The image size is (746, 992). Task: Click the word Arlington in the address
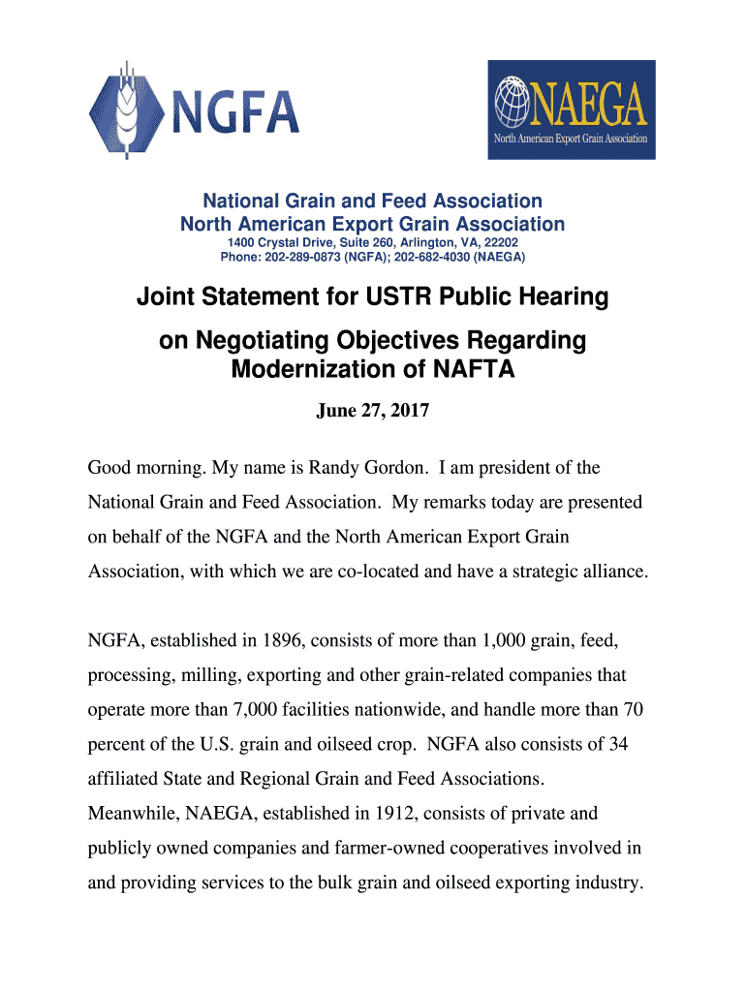(407, 242)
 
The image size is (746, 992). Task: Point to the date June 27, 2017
(373, 411)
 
